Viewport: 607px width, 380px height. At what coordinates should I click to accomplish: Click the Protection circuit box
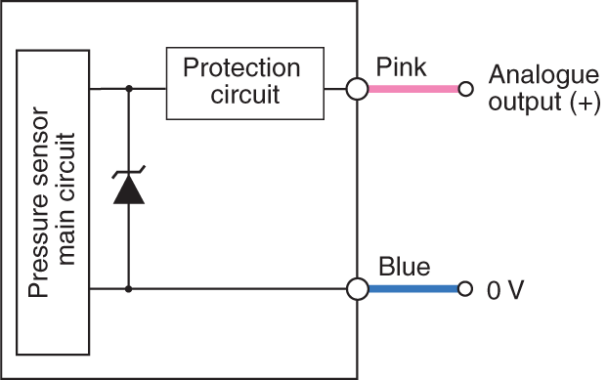[241, 83]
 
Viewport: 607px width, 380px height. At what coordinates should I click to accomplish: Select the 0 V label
[506, 291]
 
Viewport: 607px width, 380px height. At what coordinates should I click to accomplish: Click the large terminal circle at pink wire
[357, 89]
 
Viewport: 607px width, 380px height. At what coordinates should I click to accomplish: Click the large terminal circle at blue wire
[357, 289]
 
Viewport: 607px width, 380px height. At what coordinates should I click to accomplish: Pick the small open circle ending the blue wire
[465, 289]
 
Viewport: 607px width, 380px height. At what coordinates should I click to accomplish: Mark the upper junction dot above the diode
[129, 89]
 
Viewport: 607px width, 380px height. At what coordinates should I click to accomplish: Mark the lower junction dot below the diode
[129, 289]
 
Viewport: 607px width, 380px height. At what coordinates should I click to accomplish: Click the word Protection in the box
[241, 69]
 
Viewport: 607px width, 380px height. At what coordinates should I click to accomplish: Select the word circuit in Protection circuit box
[241, 96]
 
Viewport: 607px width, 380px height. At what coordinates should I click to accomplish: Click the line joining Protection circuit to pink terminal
[335, 89]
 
